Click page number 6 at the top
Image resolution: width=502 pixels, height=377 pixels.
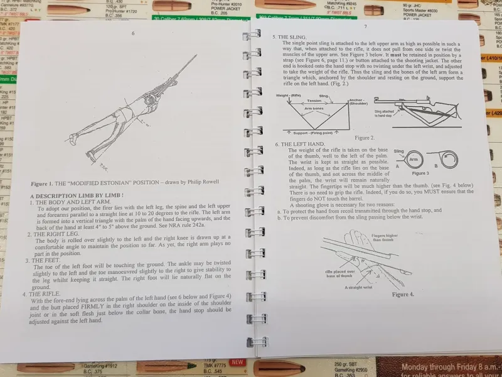click(x=132, y=33)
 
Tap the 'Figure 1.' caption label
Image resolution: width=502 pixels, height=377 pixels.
click(x=45, y=185)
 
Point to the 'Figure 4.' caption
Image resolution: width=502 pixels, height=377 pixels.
click(x=403, y=293)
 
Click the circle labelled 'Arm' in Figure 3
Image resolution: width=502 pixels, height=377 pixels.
click(x=406, y=160)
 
